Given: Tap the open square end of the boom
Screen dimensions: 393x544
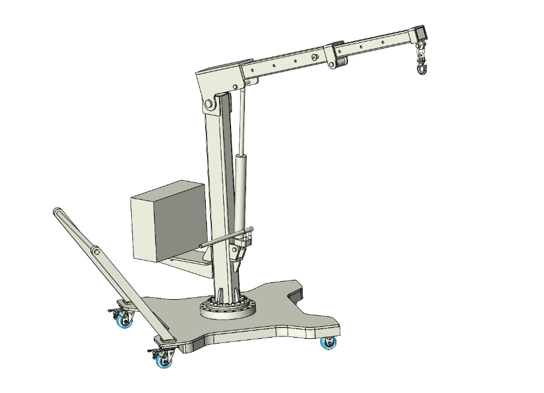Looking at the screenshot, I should pos(420,32).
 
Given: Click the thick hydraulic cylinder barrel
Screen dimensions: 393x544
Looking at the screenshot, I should pos(241,187).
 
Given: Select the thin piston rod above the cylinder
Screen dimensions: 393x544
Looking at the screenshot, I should pos(243,120).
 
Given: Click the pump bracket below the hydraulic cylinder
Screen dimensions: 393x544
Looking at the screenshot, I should pos(241,253).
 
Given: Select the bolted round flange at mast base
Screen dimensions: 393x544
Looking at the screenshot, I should pos(228,309).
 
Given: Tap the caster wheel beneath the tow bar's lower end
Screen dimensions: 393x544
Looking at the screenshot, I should pos(162,359).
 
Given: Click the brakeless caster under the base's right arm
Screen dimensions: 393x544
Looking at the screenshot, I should pos(328,343).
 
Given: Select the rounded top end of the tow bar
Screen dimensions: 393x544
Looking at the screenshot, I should pos(57,212).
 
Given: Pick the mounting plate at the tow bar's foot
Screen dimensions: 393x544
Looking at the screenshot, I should pos(165,341).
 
